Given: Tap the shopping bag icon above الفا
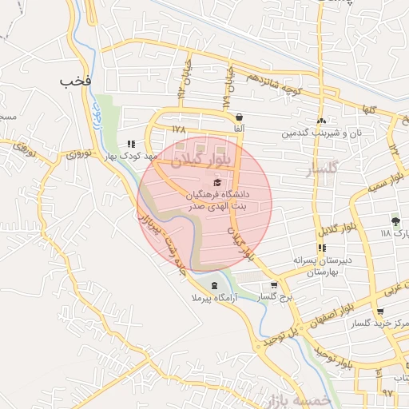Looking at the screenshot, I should (x=239, y=117).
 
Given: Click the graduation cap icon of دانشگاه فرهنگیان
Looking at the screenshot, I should (x=218, y=183).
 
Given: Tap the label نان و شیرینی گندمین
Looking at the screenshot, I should (x=320, y=132).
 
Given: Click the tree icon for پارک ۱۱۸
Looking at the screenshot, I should (x=395, y=221).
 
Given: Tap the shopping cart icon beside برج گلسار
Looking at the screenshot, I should (x=274, y=285).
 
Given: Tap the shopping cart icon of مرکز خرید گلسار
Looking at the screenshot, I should (x=379, y=312).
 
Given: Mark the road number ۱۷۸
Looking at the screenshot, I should (x=177, y=128).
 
